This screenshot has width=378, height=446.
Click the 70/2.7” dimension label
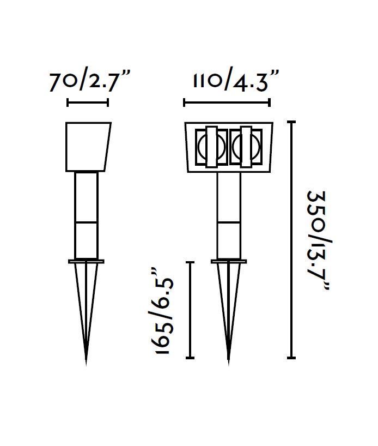pyautogui.click(x=90, y=82)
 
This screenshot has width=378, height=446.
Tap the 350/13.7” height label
pyautogui.click(x=319, y=240)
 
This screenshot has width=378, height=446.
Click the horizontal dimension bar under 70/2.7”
pyautogui.click(x=88, y=103)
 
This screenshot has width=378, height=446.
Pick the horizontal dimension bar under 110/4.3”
pyautogui.click(x=227, y=103)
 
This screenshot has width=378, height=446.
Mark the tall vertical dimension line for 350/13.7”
pyautogui.click(x=291, y=240)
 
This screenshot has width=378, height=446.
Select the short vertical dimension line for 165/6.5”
pyautogui.click(x=190, y=310)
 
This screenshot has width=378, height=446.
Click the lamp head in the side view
pyautogui.click(x=88, y=147)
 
